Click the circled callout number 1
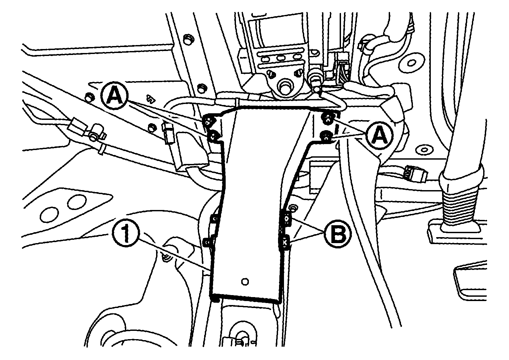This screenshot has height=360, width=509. tap(125, 234)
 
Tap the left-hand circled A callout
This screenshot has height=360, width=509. tap(114, 96)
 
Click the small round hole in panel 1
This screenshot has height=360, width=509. tap(245, 282)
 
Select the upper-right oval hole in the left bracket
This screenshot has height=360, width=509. tap(76, 202)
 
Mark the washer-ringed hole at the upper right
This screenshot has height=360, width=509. tap(411, 63)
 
